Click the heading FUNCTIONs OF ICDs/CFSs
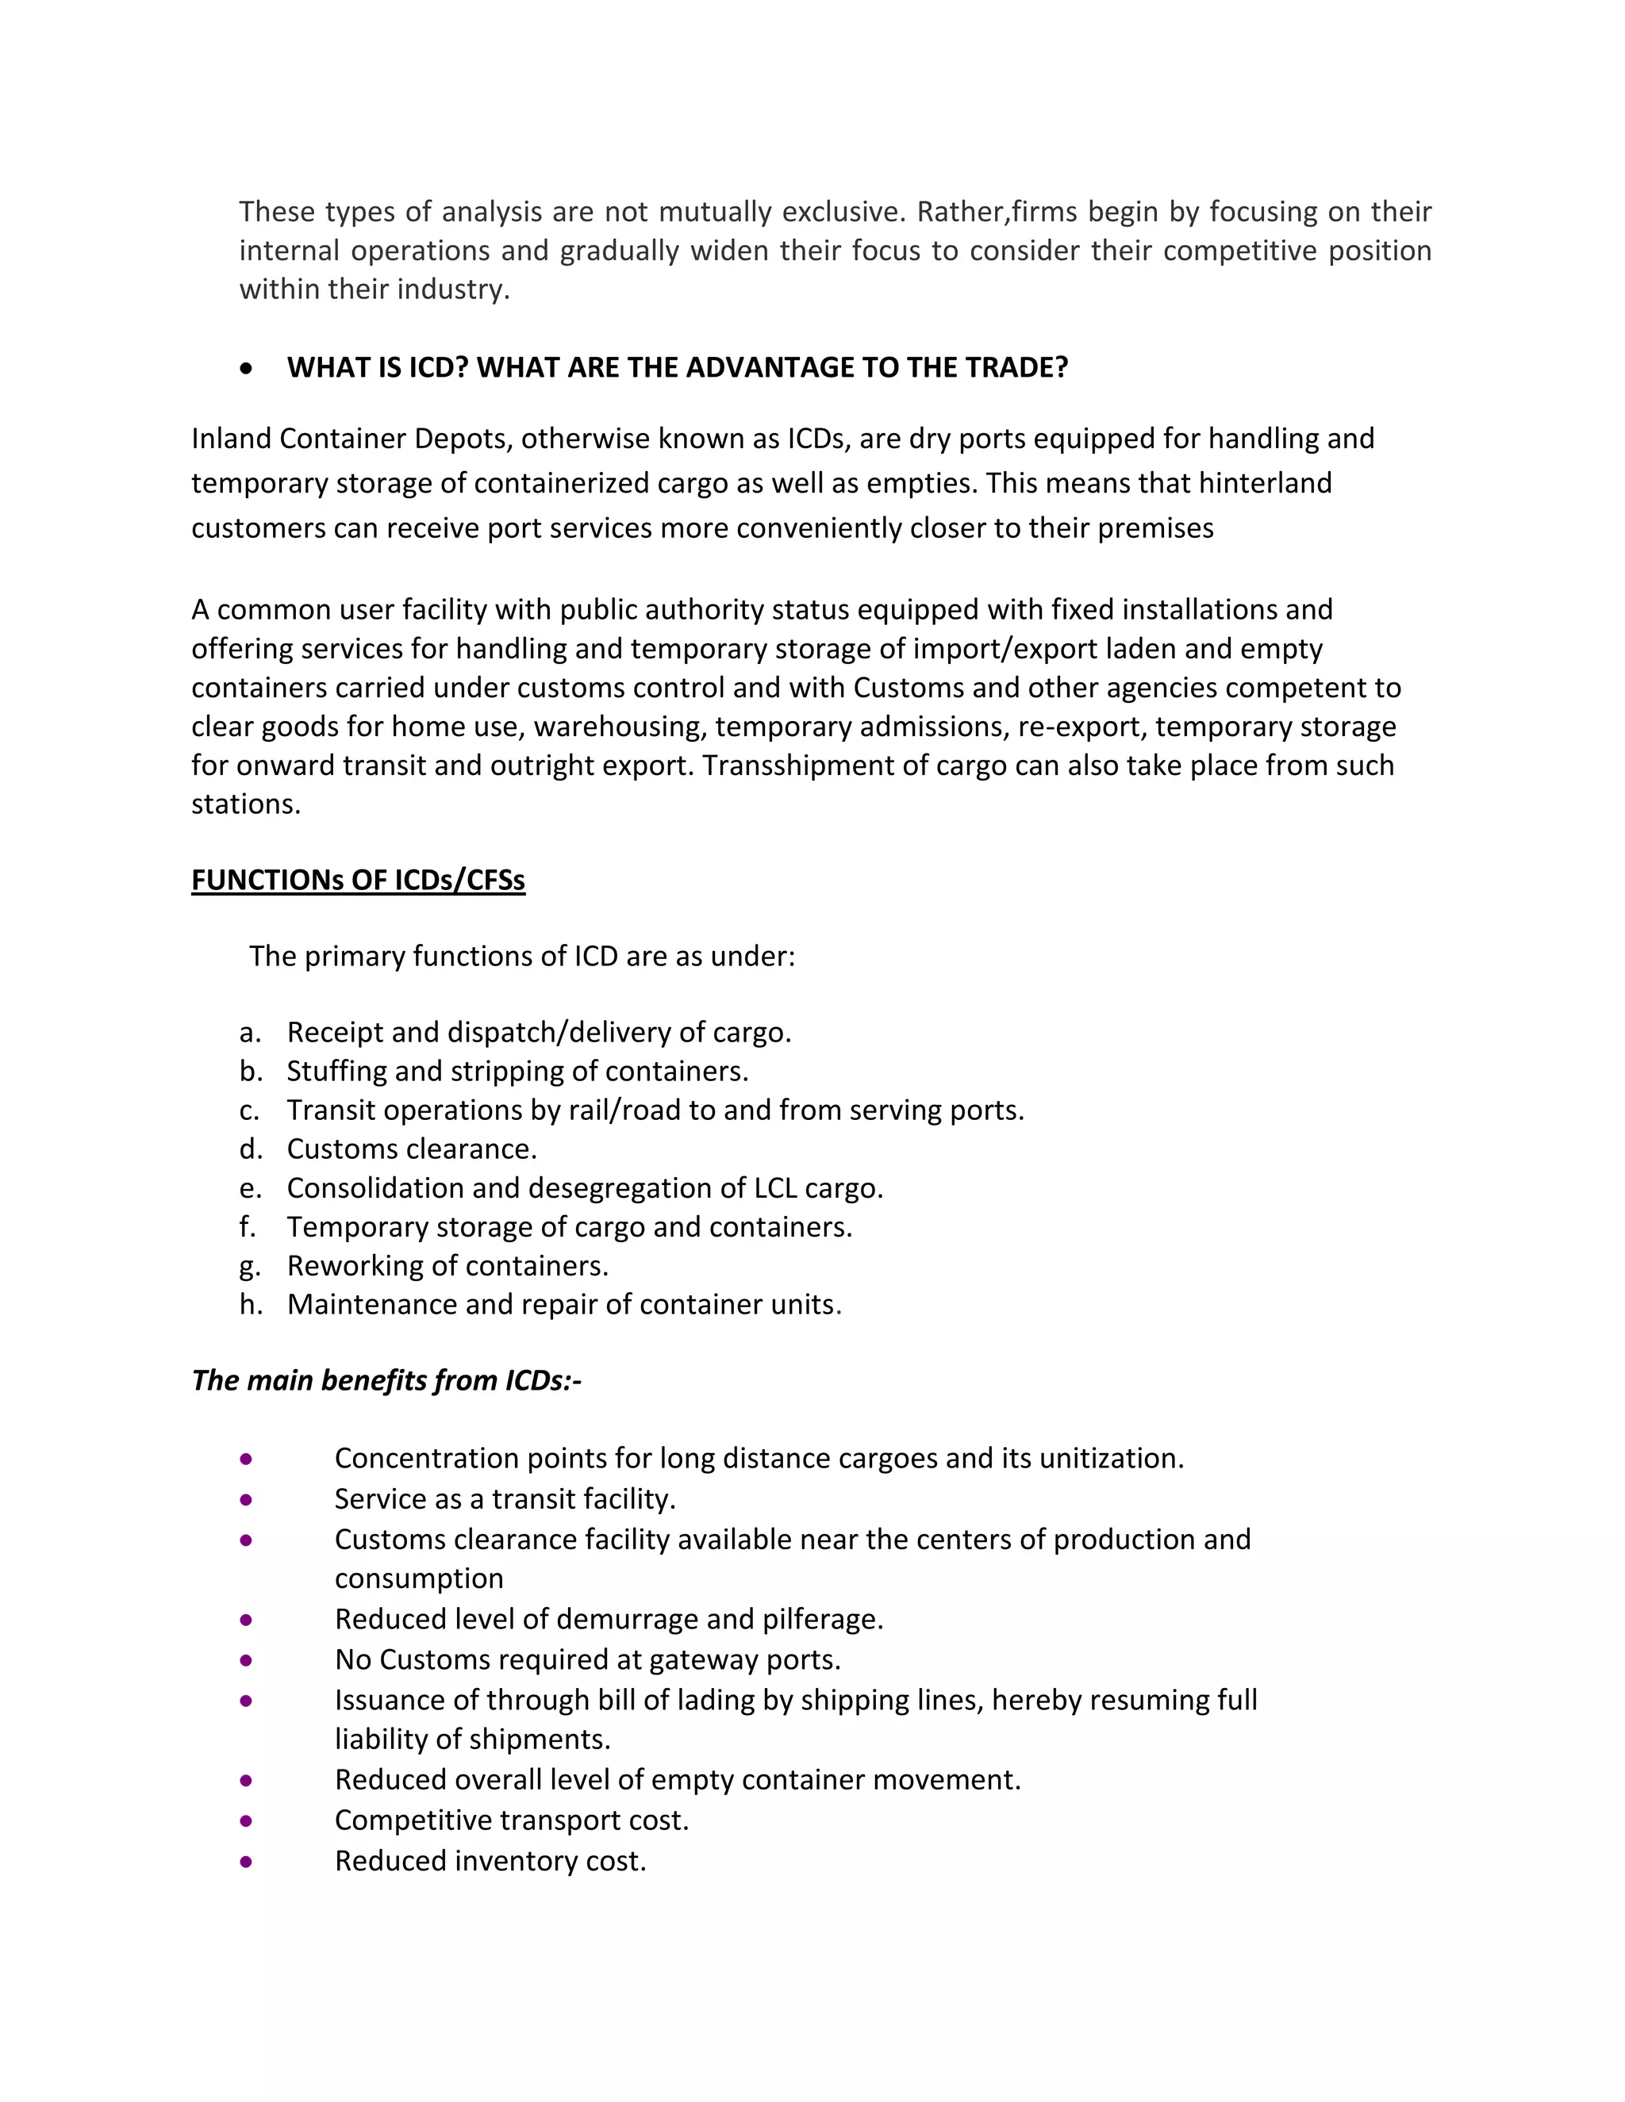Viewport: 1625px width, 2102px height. pyautogui.click(x=358, y=880)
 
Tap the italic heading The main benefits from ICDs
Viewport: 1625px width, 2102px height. pyautogui.click(x=386, y=1380)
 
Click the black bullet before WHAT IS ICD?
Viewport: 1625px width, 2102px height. pyautogui.click(x=248, y=368)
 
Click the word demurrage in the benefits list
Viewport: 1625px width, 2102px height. pyautogui.click(x=627, y=1619)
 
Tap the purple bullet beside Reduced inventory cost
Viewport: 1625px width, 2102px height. pyautogui.click(x=247, y=1862)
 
